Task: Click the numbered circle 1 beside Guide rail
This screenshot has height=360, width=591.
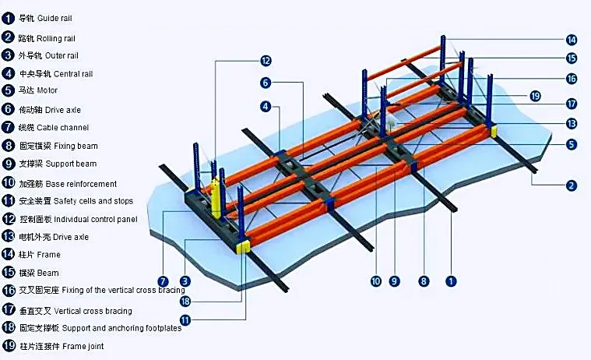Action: click(8, 17)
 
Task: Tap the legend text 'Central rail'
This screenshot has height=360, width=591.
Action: click(73, 73)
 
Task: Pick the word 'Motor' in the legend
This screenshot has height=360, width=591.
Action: click(48, 90)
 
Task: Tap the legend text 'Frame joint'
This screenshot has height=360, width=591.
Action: click(80, 346)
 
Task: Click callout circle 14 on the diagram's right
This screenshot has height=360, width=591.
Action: click(571, 40)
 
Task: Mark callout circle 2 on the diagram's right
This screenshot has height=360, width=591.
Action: click(571, 185)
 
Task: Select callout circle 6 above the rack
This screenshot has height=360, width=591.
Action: click(266, 83)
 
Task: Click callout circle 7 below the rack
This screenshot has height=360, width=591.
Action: click(163, 281)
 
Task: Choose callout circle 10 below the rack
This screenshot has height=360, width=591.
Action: click(376, 281)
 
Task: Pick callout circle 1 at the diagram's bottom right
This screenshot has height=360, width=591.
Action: click(450, 281)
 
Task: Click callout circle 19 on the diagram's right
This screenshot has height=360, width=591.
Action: click(534, 95)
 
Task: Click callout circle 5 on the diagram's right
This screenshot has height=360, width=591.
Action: click(571, 145)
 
